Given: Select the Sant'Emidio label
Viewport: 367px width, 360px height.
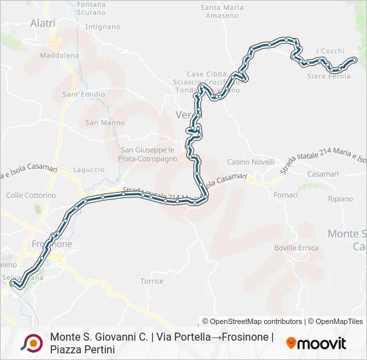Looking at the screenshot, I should [x=83, y=95].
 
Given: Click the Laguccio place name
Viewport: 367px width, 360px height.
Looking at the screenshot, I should [x=88, y=170].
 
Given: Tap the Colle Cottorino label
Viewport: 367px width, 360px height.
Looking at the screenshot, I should [x=31, y=195].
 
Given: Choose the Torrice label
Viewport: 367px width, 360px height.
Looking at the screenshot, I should [x=152, y=281].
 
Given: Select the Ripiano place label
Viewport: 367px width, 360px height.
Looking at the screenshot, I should [x=340, y=199].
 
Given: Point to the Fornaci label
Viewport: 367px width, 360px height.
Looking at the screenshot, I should [x=286, y=195].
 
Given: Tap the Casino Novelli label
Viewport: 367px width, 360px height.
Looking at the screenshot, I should [x=251, y=162].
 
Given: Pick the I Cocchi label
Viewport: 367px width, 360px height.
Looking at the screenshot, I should [x=330, y=51].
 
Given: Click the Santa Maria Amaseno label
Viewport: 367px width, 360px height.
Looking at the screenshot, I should [x=222, y=11].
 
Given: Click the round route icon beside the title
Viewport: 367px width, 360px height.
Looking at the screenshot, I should [x=31, y=343].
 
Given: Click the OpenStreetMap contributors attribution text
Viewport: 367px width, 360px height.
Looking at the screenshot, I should [x=252, y=321].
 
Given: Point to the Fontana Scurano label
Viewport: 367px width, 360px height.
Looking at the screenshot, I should [x=91, y=9].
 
